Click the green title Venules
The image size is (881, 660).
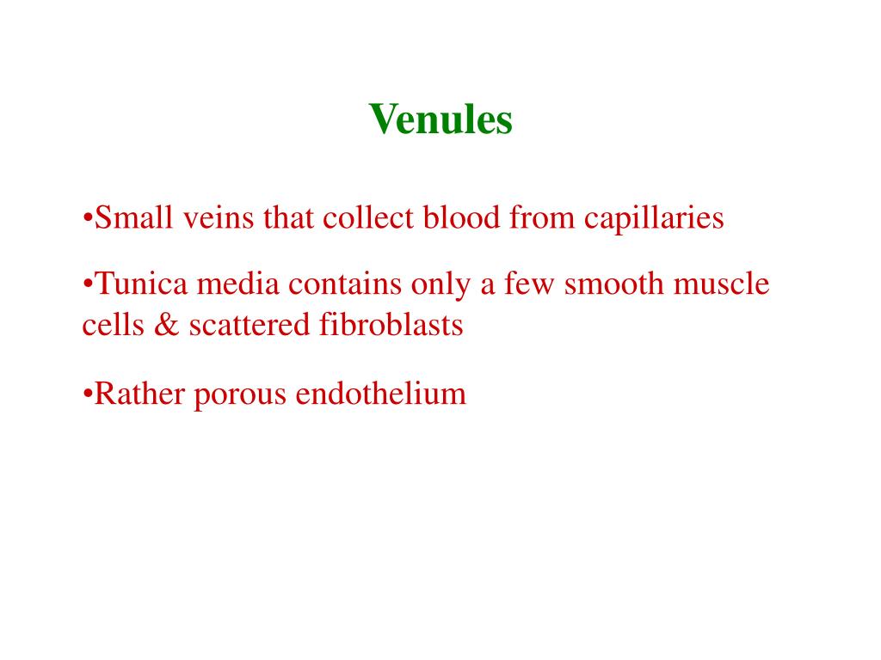[x=440, y=119]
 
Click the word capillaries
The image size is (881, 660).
[x=654, y=219]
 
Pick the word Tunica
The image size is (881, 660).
[x=134, y=284]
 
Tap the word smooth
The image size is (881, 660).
[x=613, y=284]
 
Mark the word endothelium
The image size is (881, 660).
[x=380, y=394]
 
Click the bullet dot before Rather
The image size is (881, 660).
[x=88, y=395]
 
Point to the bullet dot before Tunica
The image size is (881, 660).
[x=88, y=284]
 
